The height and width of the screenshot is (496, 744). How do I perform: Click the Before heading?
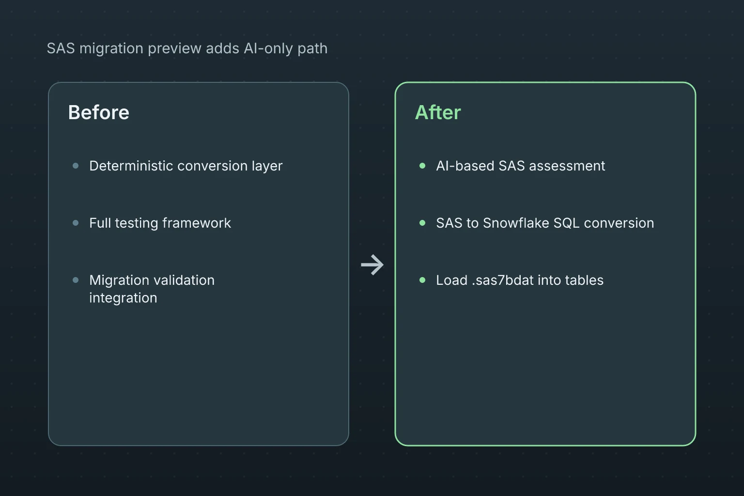coord(99,112)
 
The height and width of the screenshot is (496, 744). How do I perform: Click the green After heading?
coord(438,112)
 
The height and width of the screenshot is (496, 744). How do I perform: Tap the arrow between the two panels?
coord(372,265)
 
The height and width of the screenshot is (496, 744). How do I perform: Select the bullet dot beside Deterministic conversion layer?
coord(76,166)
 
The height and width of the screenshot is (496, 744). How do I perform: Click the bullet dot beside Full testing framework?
coord(76,223)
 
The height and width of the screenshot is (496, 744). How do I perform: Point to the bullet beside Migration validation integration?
coord(76,280)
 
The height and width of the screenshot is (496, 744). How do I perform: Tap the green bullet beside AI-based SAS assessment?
coord(422,166)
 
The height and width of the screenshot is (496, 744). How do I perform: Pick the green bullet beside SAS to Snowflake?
coord(422,223)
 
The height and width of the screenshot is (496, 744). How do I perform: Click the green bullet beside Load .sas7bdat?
coord(422,280)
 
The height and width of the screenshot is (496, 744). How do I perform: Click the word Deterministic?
coord(131,166)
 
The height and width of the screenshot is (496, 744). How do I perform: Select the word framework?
coord(197,223)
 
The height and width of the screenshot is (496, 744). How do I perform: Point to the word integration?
coord(123,298)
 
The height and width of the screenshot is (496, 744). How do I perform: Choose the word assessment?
coord(567,166)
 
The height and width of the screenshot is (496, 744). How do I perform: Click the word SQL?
coord(566,223)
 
